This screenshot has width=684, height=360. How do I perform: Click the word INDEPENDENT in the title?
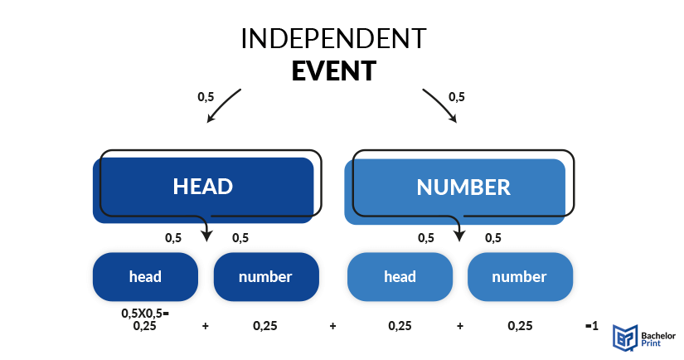tap(334, 38)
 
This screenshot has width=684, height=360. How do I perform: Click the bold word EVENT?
tap(334, 71)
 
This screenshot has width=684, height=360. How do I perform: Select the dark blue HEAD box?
tap(203, 190)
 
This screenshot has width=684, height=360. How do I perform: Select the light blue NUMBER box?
tap(455, 192)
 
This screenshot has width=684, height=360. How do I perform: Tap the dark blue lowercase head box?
tap(145, 277)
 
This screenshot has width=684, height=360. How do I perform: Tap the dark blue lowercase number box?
tap(266, 277)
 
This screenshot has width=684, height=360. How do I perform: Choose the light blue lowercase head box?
tap(400, 277)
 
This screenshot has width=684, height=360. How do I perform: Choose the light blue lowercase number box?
tap(520, 277)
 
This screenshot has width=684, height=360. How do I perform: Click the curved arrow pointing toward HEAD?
tap(221, 105)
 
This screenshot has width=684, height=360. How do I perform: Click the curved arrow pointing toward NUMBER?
tap(441, 105)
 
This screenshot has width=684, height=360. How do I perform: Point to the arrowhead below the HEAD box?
tap(206, 236)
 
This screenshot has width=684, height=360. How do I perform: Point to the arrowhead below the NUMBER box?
tap(459, 236)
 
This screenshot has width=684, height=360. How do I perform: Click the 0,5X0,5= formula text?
tap(145, 313)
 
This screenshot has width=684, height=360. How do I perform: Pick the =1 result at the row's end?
tap(591, 325)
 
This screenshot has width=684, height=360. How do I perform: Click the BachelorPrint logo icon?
tap(625, 338)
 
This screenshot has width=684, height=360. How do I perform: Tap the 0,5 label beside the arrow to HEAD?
tap(206, 96)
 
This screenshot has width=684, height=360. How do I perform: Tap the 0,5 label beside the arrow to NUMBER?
tap(457, 96)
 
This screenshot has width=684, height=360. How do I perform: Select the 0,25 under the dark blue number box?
tap(265, 326)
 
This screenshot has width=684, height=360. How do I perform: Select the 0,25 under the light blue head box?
tap(400, 326)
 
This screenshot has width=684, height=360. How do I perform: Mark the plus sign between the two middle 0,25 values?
tap(332, 326)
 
